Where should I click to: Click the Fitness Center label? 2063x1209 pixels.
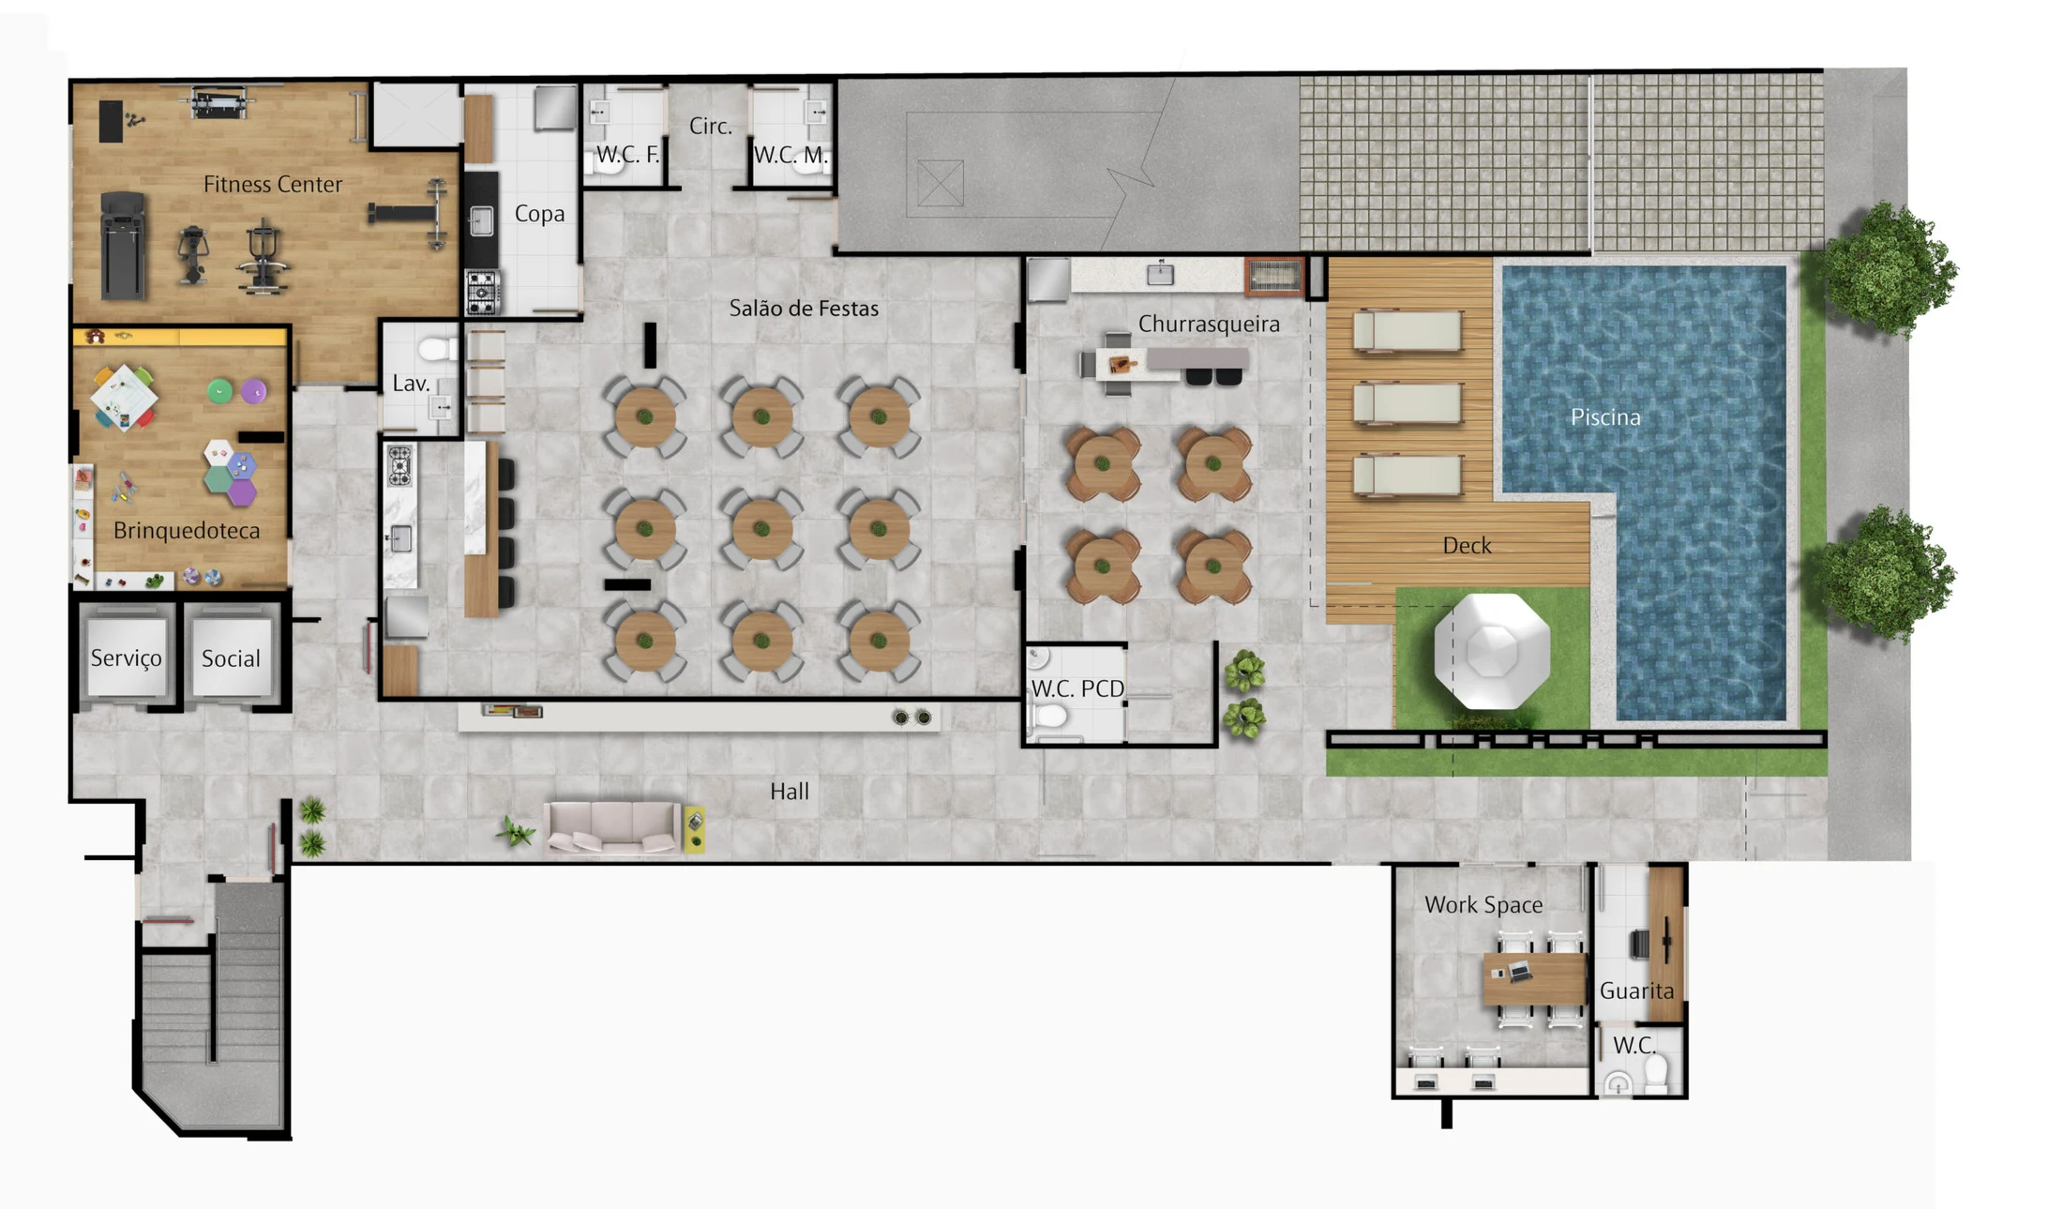point(272,184)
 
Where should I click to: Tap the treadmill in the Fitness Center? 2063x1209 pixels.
point(123,245)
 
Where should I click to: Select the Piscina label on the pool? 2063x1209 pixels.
point(1605,416)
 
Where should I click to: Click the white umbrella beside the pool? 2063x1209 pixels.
point(1491,651)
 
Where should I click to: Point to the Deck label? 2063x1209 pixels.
point(1467,545)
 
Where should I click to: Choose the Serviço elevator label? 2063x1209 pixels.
point(126,658)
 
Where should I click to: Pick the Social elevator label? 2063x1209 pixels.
point(231,658)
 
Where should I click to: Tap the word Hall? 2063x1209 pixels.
point(789,791)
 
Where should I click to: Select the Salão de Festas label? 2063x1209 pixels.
point(804,308)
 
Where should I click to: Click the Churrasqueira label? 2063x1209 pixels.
point(1209,324)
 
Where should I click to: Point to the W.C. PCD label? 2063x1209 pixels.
point(1077,688)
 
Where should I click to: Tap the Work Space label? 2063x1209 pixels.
point(1483,904)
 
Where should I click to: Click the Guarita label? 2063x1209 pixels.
point(1636,990)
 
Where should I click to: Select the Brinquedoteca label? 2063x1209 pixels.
point(187,531)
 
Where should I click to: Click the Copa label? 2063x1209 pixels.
point(539,214)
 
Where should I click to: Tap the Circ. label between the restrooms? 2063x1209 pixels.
point(710,126)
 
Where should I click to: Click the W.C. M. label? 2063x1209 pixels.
point(791,156)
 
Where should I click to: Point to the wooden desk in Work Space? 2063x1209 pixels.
point(1534,978)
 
